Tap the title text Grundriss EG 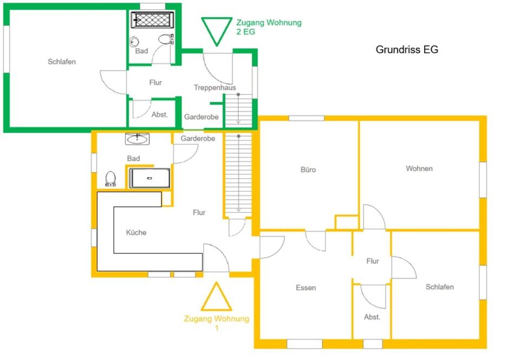pyautogui.click(x=407, y=49)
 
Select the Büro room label pyautogui.click(x=308, y=169)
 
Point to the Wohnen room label pyautogui.click(x=419, y=168)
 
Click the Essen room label pyautogui.click(x=305, y=287)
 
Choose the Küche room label pyautogui.click(x=136, y=232)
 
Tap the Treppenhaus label pyautogui.click(x=214, y=87)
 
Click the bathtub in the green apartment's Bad pyautogui.click(x=151, y=21)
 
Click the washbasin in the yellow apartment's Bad pyautogui.click(x=137, y=140)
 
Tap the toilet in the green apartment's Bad pyautogui.click(x=165, y=39)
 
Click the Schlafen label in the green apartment pyautogui.click(x=62, y=62)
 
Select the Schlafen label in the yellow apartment pyautogui.click(x=439, y=286)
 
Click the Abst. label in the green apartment pyautogui.click(x=159, y=115)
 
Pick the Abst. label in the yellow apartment pyautogui.click(x=372, y=317)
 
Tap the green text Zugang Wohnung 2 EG pyautogui.click(x=269, y=27)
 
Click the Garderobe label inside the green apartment pyautogui.click(x=201, y=117)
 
